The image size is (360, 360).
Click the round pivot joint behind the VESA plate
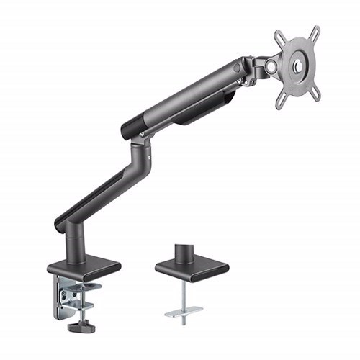(x=271, y=66)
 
